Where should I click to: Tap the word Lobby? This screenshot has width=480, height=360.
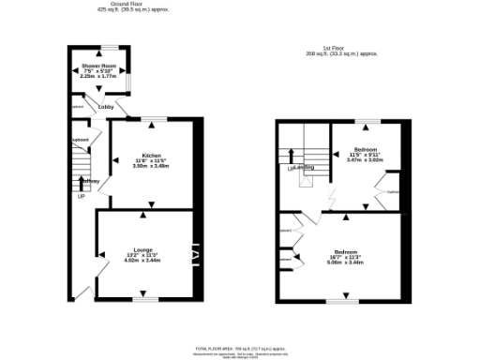(x=105, y=108)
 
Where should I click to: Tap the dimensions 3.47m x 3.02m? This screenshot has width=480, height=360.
(x=366, y=161)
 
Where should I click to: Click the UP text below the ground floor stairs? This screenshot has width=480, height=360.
(x=81, y=196)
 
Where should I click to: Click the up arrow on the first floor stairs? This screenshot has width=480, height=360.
(x=291, y=156)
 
